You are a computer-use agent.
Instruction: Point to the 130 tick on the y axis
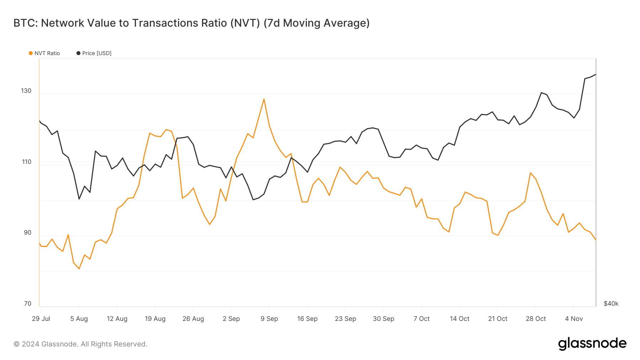26,91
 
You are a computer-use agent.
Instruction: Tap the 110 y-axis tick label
26,162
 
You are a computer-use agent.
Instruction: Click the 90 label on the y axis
28,232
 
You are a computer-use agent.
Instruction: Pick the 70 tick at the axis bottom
28,303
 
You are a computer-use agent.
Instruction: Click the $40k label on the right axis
611,303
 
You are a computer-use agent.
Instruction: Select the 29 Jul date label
41,319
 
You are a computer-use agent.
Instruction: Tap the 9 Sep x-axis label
269,319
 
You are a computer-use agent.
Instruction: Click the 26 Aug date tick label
193,319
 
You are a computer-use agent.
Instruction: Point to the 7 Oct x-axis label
421,319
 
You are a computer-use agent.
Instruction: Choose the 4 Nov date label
574,319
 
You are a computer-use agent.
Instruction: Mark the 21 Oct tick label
497,319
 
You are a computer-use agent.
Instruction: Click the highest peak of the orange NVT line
264,99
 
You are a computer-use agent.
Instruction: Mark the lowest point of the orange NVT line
79,269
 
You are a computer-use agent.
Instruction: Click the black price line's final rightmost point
596,75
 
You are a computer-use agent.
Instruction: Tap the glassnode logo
592,344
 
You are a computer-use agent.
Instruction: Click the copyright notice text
80,344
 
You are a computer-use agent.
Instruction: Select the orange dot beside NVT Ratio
31,53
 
